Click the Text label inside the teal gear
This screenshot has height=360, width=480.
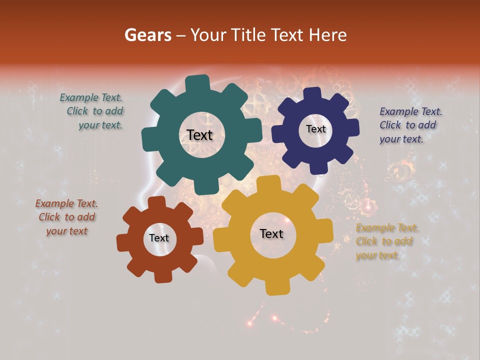(199, 135)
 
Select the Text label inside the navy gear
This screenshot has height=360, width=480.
(315, 129)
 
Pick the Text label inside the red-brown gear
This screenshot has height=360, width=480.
(159, 238)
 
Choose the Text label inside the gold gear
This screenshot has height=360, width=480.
(271, 233)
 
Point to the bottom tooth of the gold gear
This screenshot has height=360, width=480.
(275, 287)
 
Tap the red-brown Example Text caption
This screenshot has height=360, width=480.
(66, 217)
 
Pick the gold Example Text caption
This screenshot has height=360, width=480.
(386, 241)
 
